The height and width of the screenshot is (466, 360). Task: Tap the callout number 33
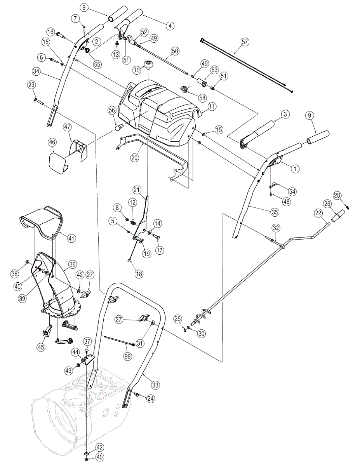[x=155, y=386]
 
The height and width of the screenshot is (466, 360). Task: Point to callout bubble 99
[x=127, y=355]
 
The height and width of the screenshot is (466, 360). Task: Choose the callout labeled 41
[x=71, y=238]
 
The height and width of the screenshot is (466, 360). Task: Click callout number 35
[x=275, y=212]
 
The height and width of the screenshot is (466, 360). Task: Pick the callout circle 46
[x=52, y=142]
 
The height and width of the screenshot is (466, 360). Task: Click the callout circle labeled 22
[x=318, y=213]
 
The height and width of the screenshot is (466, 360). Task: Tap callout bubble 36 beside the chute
[x=72, y=264]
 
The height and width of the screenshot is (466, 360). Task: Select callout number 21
[x=137, y=190]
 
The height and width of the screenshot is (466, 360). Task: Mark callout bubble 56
[x=112, y=111]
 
